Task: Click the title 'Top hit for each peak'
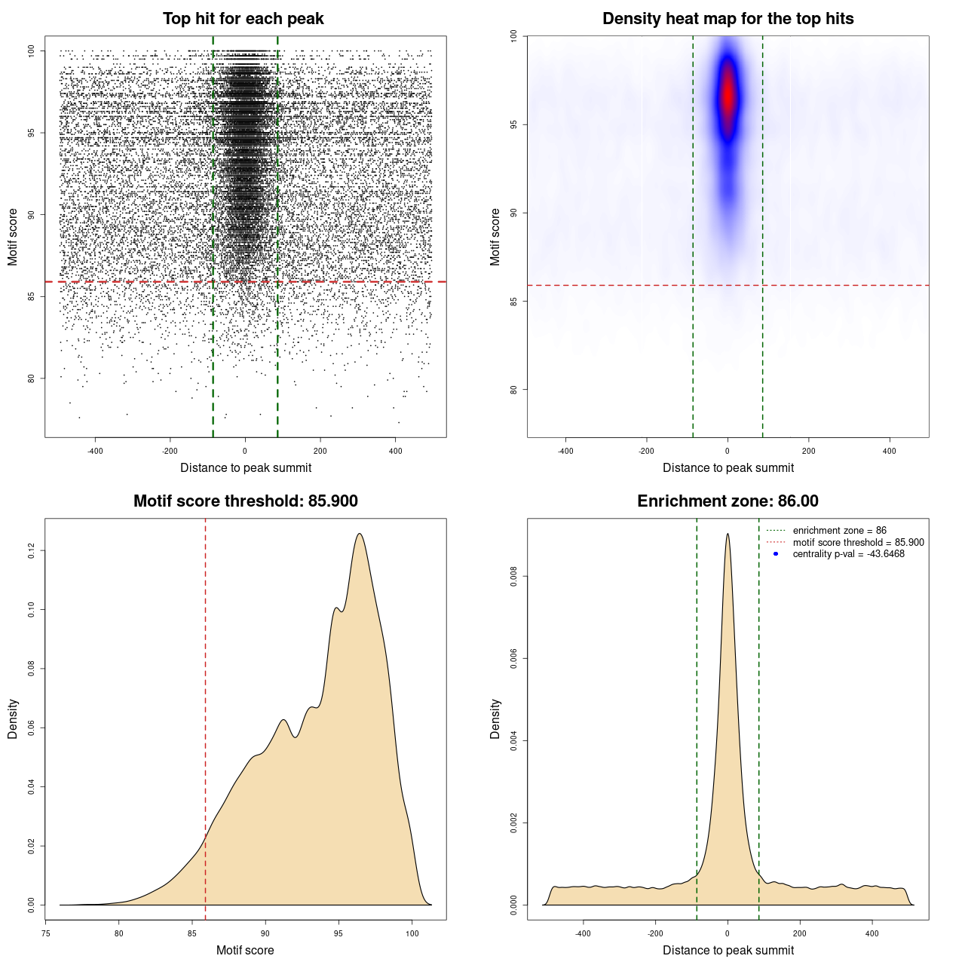coord(243,19)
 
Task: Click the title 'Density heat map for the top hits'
coord(728,19)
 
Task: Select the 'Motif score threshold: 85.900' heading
coord(245,501)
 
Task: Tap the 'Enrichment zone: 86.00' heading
coord(728,501)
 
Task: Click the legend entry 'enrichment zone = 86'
coord(839,531)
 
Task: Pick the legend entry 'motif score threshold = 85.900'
coord(858,542)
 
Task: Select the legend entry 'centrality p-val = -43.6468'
coord(848,554)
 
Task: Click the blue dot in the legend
coord(776,554)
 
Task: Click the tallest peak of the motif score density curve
coord(360,535)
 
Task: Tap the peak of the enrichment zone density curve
coord(728,535)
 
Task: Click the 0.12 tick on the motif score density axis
coord(31,551)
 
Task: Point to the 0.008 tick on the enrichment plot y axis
coord(513,577)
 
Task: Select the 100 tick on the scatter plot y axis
coord(31,51)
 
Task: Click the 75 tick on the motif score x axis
coord(46,933)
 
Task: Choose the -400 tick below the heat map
coord(565,451)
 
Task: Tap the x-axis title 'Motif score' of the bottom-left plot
coord(245,950)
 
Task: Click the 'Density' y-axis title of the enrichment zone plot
coord(495,718)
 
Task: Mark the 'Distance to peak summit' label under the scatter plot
coord(246,467)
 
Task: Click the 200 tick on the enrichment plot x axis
coord(800,933)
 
